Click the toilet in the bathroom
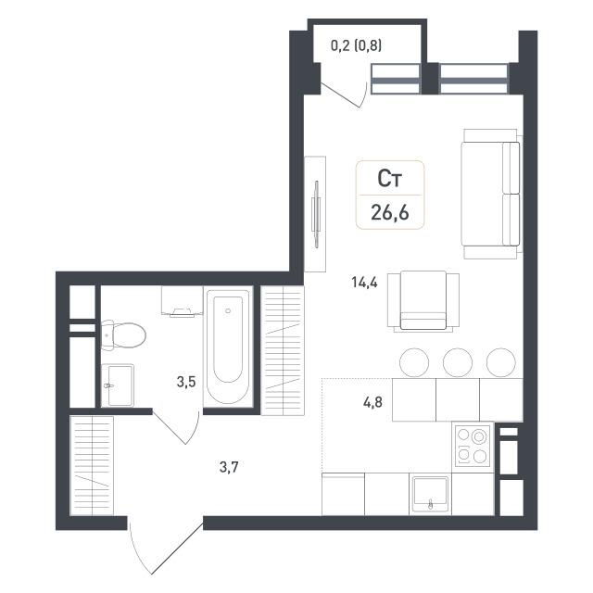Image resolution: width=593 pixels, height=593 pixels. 123,335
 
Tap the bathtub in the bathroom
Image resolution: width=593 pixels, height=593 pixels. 228,347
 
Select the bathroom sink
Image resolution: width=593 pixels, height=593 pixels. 118,385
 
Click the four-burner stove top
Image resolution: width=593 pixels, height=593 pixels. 473,446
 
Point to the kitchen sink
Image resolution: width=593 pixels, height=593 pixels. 430,494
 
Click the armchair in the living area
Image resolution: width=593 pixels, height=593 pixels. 423,300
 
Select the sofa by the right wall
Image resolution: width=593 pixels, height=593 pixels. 492,194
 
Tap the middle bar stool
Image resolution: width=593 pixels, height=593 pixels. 458,362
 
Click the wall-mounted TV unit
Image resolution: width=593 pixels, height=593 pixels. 315,214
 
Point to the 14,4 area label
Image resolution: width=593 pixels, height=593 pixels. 364,282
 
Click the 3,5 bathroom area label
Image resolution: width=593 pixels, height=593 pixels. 186,382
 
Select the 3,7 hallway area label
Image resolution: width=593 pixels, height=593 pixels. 229,467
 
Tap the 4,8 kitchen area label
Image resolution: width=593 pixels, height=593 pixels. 372,402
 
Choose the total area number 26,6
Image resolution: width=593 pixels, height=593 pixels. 390,212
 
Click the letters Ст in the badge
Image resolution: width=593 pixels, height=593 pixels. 389,179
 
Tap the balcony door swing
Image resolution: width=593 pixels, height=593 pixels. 344,95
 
